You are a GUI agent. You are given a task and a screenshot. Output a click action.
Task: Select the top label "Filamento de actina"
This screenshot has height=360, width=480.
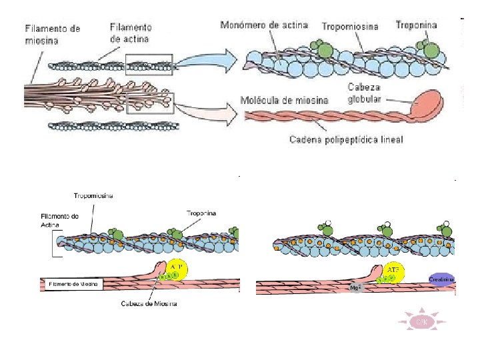tap(131, 33)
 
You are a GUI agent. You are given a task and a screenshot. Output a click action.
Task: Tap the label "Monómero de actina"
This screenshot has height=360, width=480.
tap(265, 25)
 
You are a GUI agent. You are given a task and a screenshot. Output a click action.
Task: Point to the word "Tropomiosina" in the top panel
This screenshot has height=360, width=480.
tap(350, 27)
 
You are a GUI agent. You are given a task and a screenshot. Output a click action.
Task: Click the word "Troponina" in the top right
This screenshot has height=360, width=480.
tap(416, 25)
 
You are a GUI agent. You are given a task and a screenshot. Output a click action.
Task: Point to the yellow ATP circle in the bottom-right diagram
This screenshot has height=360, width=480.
tap(393, 269)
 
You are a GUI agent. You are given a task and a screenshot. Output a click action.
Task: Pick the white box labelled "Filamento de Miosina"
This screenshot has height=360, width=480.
tap(73, 284)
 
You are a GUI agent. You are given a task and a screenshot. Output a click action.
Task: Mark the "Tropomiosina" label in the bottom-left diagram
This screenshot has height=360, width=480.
tap(93, 195)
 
